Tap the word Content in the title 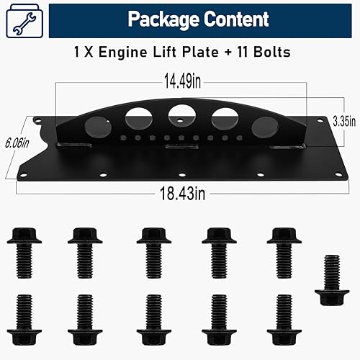[233, 19]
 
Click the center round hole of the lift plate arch [179, 114]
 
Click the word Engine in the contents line [127, 53]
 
